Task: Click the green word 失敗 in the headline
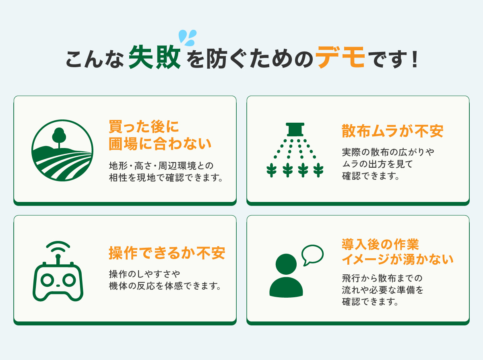click(x=155, y=57)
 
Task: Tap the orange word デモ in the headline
click(x=340, y=57)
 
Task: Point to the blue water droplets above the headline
click(x=188, y=38)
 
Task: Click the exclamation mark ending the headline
click(x=415, y=60)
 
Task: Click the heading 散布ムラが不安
click(x=392, y=131)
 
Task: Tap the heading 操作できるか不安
click(x=167, y=253)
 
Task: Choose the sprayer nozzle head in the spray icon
click(x=295, y=130)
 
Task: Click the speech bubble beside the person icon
click(x=312, y=255)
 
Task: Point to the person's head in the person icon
click(x=286, y=264)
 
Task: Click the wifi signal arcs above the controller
click(x=58, y=247)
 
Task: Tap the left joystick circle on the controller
click(x=47, y=280)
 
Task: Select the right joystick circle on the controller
click(x=69, y=280)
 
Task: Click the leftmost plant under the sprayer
click(x=272, y=170)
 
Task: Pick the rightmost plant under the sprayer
click(x=318, y=170)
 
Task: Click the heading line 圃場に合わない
click(x=160, y=144)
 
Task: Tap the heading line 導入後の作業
click(x=380, y=244)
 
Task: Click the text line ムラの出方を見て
click(x=377, y=164)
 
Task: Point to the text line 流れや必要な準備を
click(x=383, y=290)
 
